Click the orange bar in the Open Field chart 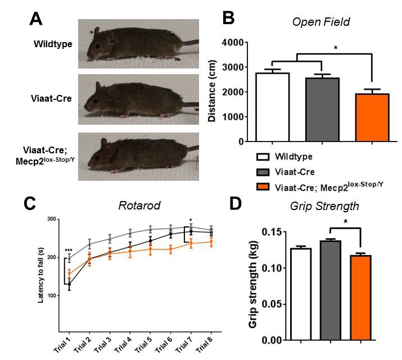[372, 117]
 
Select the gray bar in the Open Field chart [322, 110]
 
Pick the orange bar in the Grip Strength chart [361, 298]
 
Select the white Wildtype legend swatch [263, 157]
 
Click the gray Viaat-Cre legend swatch [263, 172]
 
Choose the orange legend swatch [263, 186]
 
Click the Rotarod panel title [139, 206]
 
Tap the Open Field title [320, 22]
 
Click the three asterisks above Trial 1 [69, 250]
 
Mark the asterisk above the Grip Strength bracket [346, 221]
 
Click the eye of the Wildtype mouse [98, 46]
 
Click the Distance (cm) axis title [212, 91]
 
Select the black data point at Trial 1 [69, 284]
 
